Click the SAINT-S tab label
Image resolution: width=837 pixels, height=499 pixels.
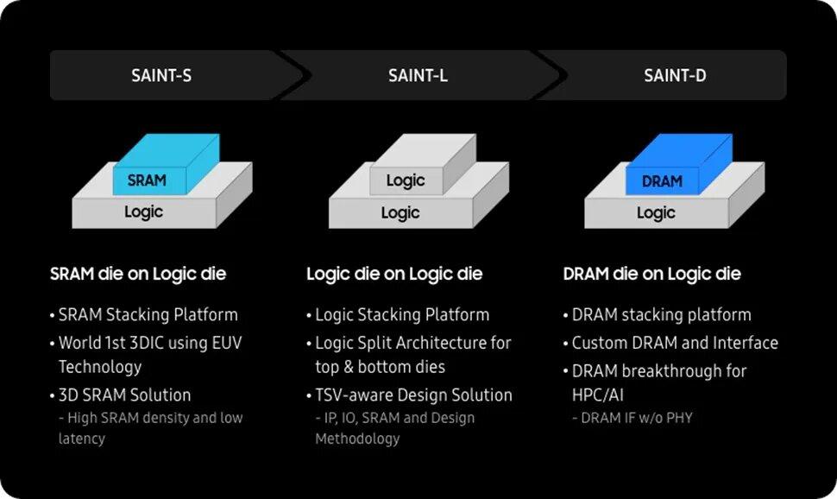pyautogui.click(x=160, y=75)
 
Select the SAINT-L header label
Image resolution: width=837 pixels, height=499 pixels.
pyautogui.click(x=417, y=75)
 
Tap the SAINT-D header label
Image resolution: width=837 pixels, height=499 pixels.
pyautogui.click(x=674, y=75)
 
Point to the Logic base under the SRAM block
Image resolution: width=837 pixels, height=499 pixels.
pyautogui.click(x=143, y=212)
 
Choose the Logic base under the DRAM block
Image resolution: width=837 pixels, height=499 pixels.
pyautogui.click(x=655, y=213)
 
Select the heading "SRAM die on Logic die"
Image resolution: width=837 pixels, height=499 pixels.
pyautogui.click(x=138, y=275)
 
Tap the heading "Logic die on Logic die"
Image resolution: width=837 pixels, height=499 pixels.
pyautogui.click(x=394, y=275)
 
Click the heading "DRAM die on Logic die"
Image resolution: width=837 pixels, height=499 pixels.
pyautogui.click(x=651, y=275)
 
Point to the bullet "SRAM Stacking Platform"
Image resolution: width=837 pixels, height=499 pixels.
pyautogui.click(x=148, y=315)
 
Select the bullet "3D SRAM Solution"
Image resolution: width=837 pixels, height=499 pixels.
pyautogui.click(x=124, y=395)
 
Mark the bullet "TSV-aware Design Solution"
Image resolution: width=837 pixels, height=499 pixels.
pyautogui.click(x=413, y=395)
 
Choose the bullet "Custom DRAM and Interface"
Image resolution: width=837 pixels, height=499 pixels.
pyautogui.click(x=675, y=343)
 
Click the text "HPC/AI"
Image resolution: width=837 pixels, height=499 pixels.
pyautogui.click(x=598, y=395)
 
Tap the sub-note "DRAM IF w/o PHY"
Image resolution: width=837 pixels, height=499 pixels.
pyautogui.click(x=637, y=418)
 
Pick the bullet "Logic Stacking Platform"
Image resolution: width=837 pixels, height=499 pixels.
pyautogui.click(x=402, y=315)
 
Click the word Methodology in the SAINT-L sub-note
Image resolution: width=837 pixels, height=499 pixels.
pyautogui.click(x=357, y=439)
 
